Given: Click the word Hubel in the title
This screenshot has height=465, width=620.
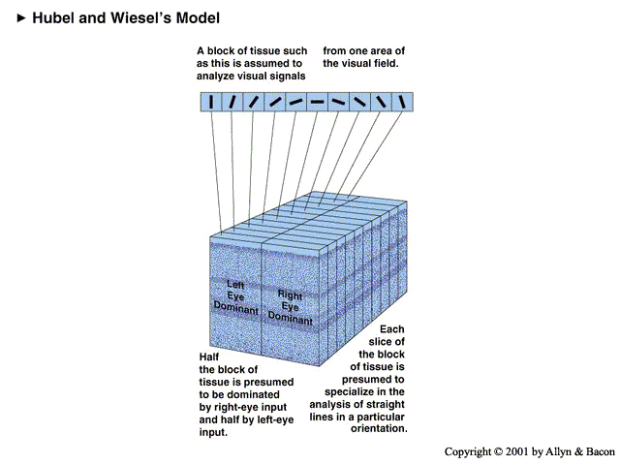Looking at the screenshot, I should click(54, 18).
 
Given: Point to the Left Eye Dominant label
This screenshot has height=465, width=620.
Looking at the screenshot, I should click(236, 297).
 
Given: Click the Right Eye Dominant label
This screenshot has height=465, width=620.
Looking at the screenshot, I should click(291, 305).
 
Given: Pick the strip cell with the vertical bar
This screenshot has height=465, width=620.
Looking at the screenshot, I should click(211, 102).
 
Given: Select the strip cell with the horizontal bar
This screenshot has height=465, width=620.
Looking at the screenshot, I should click(317, 102).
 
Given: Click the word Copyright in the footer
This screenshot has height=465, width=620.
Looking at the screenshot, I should click(471, 451).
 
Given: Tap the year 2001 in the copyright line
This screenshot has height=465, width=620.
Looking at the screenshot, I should click(529, 451).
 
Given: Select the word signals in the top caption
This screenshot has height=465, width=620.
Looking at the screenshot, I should click(286, 76).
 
